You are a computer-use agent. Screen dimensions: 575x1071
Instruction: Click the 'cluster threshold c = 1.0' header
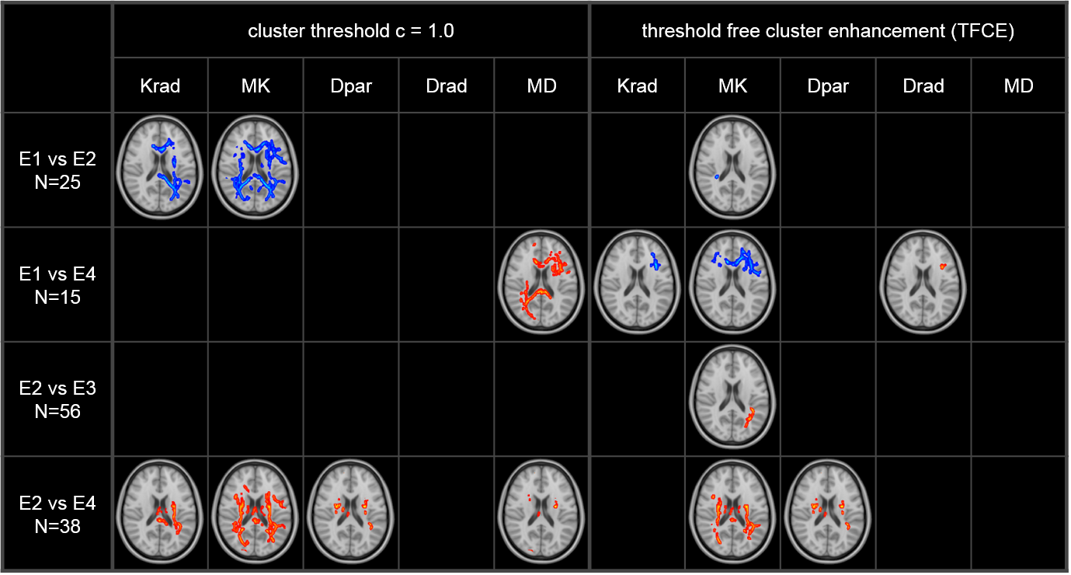[x=350, y=31]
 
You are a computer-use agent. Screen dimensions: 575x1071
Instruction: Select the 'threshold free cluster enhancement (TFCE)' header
[x=828, y=31]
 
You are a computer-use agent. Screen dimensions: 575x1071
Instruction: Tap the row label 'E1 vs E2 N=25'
[x=58, y=169]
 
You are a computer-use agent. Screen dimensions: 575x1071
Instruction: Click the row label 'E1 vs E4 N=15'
[x=58, y=284]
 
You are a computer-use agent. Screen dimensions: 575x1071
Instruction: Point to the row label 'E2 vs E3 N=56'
[x=58, y=399]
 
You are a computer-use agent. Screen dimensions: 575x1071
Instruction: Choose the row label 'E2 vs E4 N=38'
[x=58, y=514]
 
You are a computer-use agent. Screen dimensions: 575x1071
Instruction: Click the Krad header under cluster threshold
[x=160, y=85]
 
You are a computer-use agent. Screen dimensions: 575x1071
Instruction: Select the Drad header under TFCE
[x=923, y=85]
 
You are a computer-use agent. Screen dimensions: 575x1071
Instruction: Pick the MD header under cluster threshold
[x=541, y=85]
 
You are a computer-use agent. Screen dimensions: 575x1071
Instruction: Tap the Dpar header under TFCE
[x=828, y=85]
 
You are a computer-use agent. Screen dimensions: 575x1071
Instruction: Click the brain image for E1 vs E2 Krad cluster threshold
[x=160, y=169]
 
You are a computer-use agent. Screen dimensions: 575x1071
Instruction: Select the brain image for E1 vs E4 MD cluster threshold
[x=541, y=284]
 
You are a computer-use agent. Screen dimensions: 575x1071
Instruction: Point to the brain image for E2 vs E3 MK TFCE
[x=732, y=399]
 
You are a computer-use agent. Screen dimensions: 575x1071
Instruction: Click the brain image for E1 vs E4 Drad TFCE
[x=923, y=284]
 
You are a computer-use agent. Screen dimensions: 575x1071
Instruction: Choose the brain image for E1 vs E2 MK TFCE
[x=732, y=169]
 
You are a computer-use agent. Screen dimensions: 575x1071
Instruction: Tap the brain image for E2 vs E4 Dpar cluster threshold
[x=351, y=514]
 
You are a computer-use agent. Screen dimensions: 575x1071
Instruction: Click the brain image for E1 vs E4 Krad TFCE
[x=637, y=284]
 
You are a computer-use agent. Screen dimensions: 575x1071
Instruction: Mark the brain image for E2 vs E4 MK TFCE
[x=732, y=514]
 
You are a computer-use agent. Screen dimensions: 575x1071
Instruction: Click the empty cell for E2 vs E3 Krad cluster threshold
[x=160, y=399]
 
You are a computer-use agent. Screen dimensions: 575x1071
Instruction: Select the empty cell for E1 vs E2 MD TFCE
[x=1018, y=169]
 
